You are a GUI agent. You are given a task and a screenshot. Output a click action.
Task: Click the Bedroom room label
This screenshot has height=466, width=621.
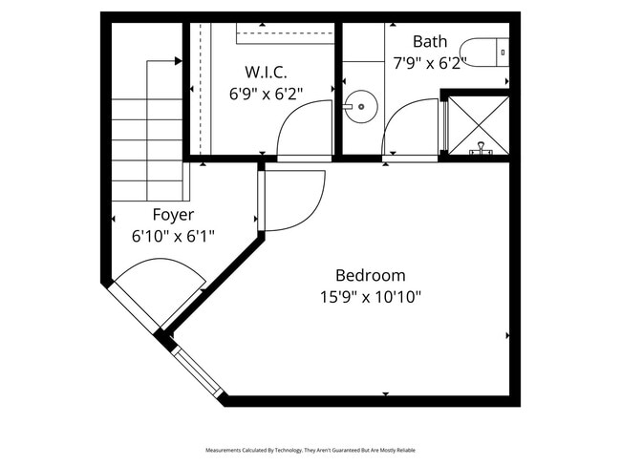(371, 275)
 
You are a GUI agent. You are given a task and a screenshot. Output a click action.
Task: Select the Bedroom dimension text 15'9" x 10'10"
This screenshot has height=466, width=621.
(371, 297)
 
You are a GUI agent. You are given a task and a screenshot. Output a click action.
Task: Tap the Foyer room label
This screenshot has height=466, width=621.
(173, 215)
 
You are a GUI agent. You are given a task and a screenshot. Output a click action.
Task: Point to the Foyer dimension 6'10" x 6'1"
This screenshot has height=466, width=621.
(172, 236)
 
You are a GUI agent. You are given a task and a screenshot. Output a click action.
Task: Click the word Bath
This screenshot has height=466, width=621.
(429, 41)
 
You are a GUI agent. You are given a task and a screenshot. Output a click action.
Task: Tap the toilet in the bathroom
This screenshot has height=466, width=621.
(482, 50)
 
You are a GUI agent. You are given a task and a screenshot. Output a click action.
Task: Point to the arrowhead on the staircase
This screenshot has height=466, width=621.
(178, 61)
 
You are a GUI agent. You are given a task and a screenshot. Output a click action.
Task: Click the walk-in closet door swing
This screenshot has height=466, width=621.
(305, 131)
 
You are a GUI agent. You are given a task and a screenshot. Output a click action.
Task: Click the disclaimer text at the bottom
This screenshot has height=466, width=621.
(310, 449)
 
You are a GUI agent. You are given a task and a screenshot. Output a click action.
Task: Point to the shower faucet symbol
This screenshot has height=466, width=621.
(480, 148)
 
